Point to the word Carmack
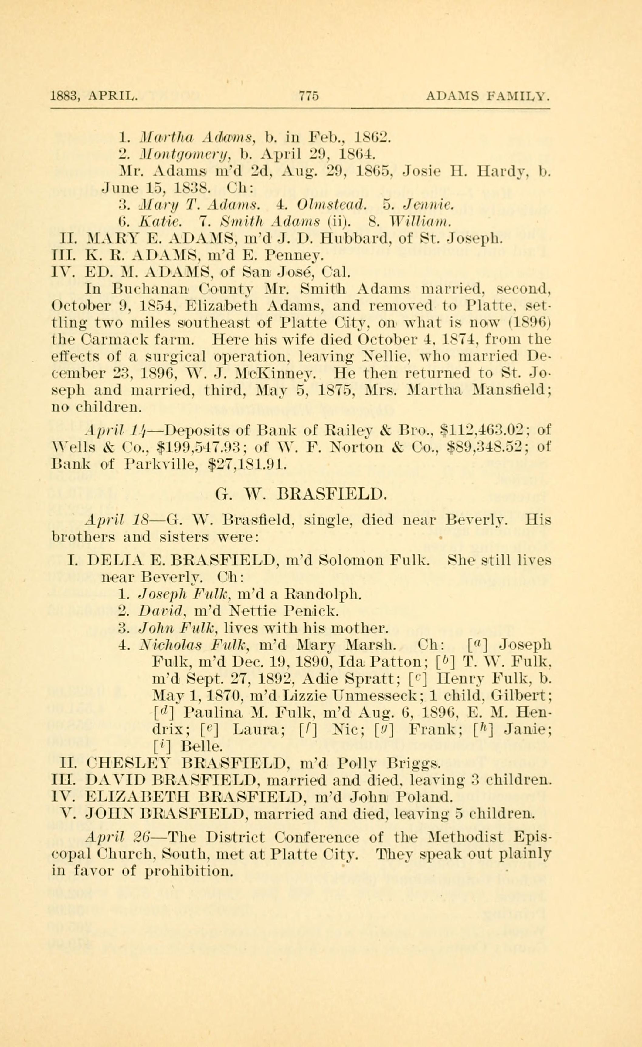pos(114,340)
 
